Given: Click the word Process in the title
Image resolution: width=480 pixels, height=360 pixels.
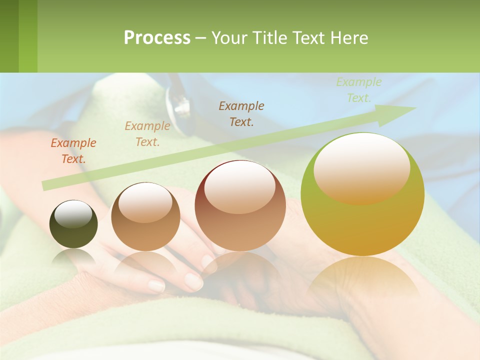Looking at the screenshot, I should click(x=157, y=38).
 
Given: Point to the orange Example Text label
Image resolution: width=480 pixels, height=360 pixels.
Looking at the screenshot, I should click(x=73, y=151).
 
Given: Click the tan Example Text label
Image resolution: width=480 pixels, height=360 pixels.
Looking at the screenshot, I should click(x=147, y=134).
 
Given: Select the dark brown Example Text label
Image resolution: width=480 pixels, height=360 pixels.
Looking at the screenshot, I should click(x=241, y=113).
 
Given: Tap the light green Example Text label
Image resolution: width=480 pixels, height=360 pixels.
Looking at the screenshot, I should click(x=358, y=90).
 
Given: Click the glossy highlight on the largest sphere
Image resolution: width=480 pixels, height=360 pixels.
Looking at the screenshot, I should click(x=361, y=167).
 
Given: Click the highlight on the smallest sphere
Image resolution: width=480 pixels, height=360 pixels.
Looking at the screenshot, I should click(x=73, y=214).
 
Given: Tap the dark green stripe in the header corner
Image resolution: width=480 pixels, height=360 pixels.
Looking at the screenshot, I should click(x=9, y=36).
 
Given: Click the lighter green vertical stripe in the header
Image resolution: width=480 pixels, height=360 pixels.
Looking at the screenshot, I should click(x=28, y=36).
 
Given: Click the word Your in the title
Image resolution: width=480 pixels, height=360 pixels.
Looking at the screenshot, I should click(x=227, y=38).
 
